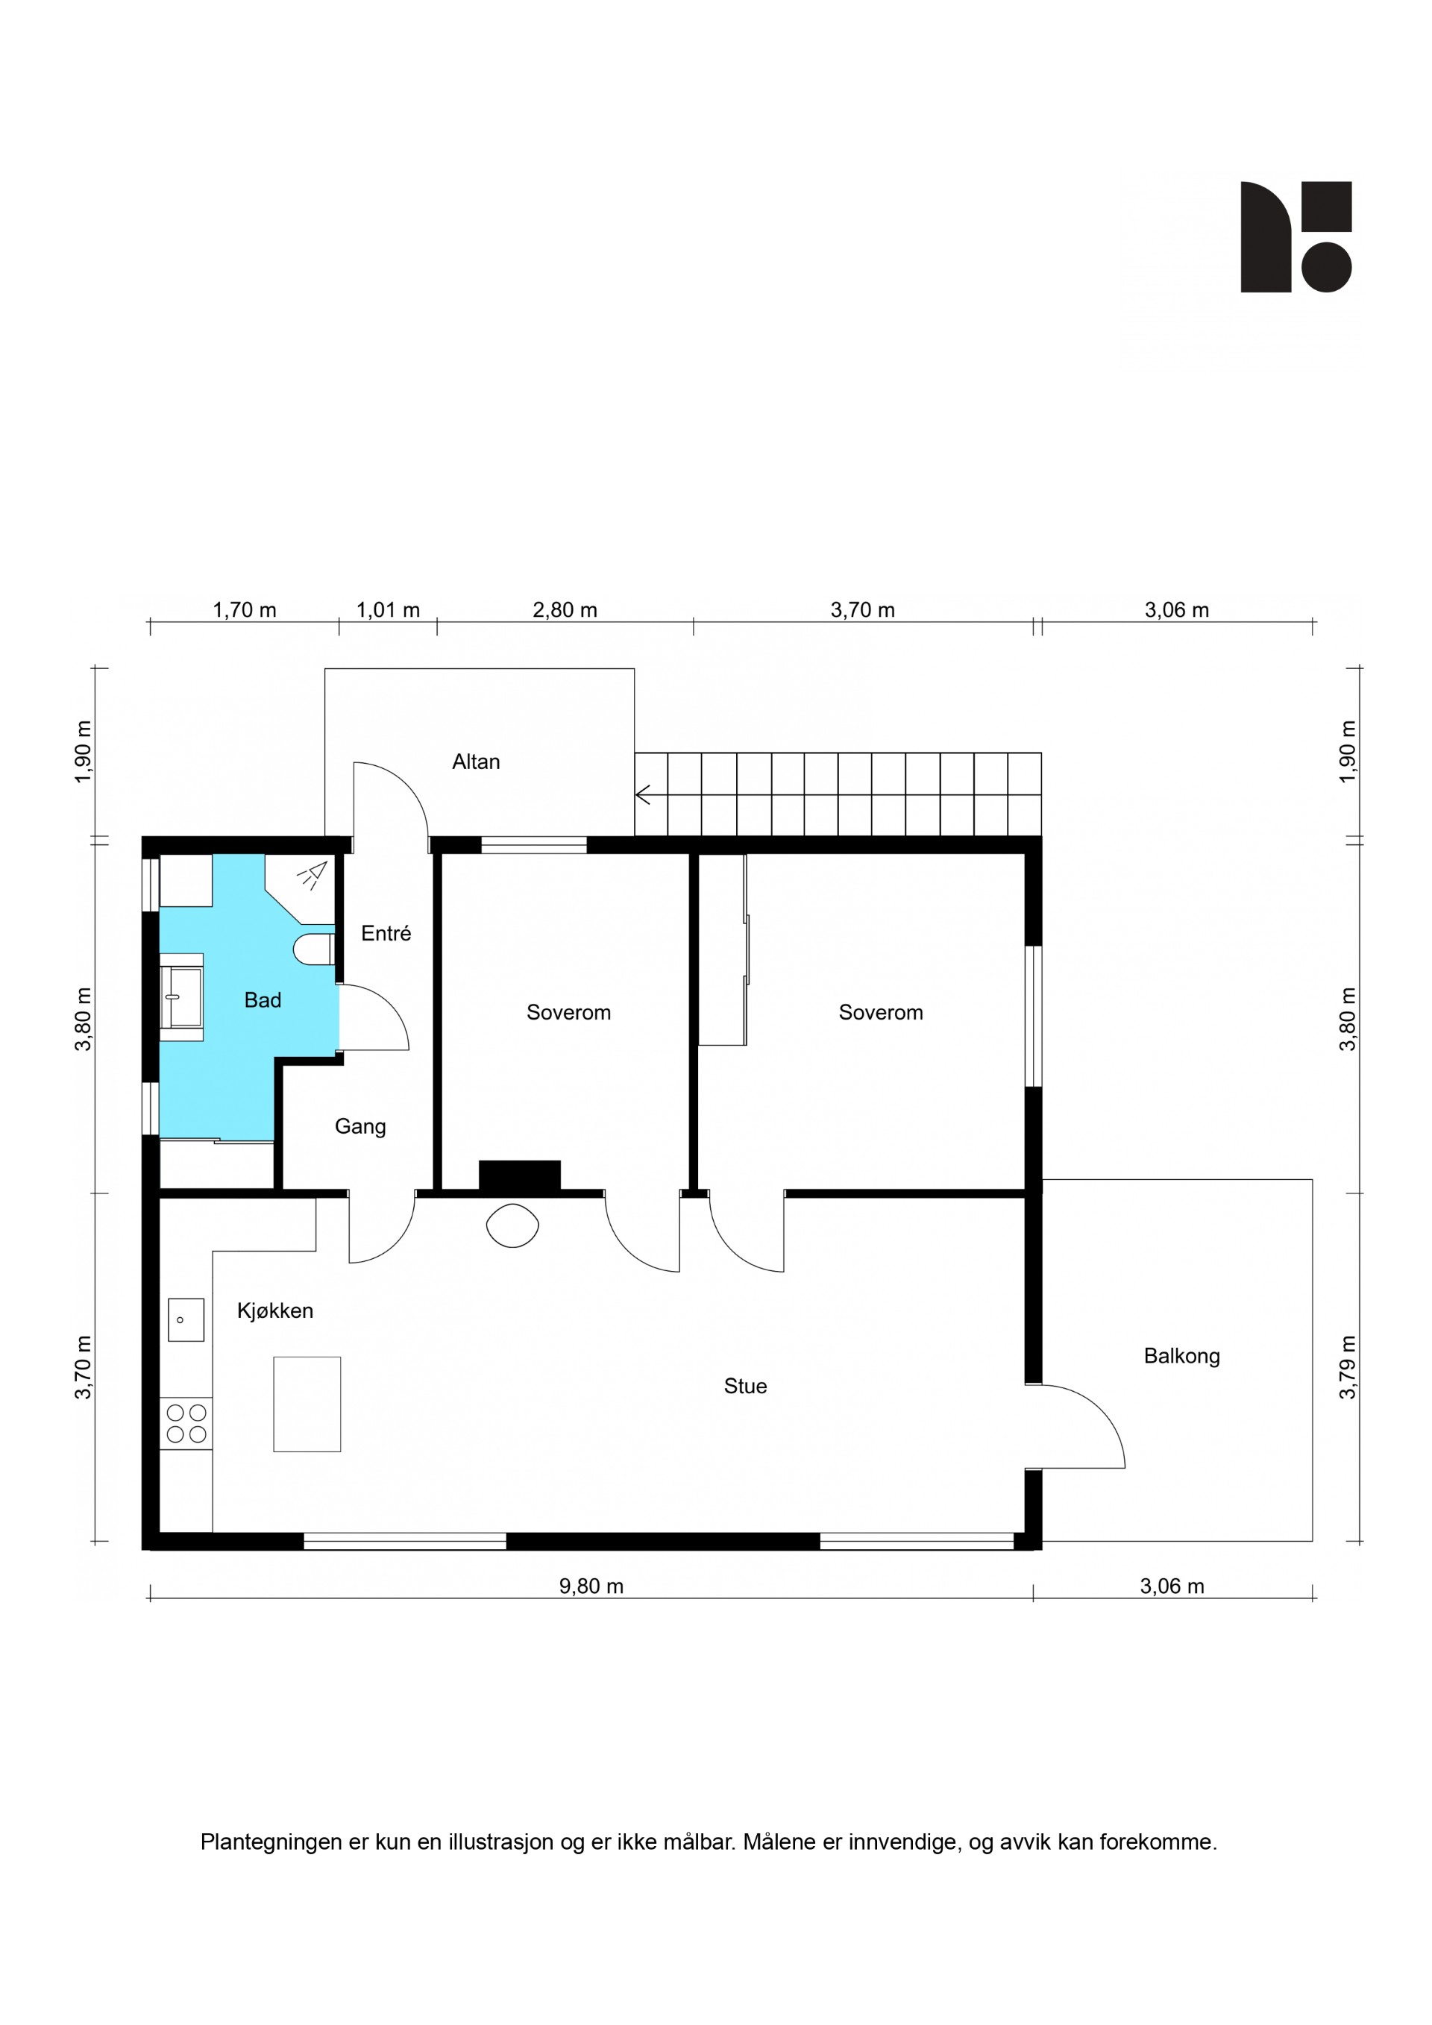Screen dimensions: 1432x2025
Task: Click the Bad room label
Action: (x=263, y=1000)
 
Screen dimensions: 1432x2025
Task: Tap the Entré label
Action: (x=386, y=933)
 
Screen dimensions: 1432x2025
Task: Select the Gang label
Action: (x=359, y=1127)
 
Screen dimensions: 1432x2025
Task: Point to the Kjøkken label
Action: (x=275, y=1310)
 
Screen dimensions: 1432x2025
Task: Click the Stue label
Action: (x=745, y=1387)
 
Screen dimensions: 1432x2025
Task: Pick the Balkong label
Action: (x=1181, y=1357)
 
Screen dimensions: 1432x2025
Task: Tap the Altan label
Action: (x=476, y=762)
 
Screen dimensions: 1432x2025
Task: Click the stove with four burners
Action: (x=186, y=1424)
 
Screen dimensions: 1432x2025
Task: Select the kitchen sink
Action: (x=186, y=1319)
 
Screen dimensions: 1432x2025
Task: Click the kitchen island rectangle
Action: (x=307, y=1404)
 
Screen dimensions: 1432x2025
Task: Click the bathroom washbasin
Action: (x=182, y=997)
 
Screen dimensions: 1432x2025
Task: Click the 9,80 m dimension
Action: (x=591, y=1586)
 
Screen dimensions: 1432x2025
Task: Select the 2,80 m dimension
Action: (x=565, y=610)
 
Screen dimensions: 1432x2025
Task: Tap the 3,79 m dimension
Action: (x=1348, y=1367)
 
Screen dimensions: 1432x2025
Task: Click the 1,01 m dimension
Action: (x=388, y=610)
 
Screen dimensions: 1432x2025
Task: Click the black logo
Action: (x=1296, y=237)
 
